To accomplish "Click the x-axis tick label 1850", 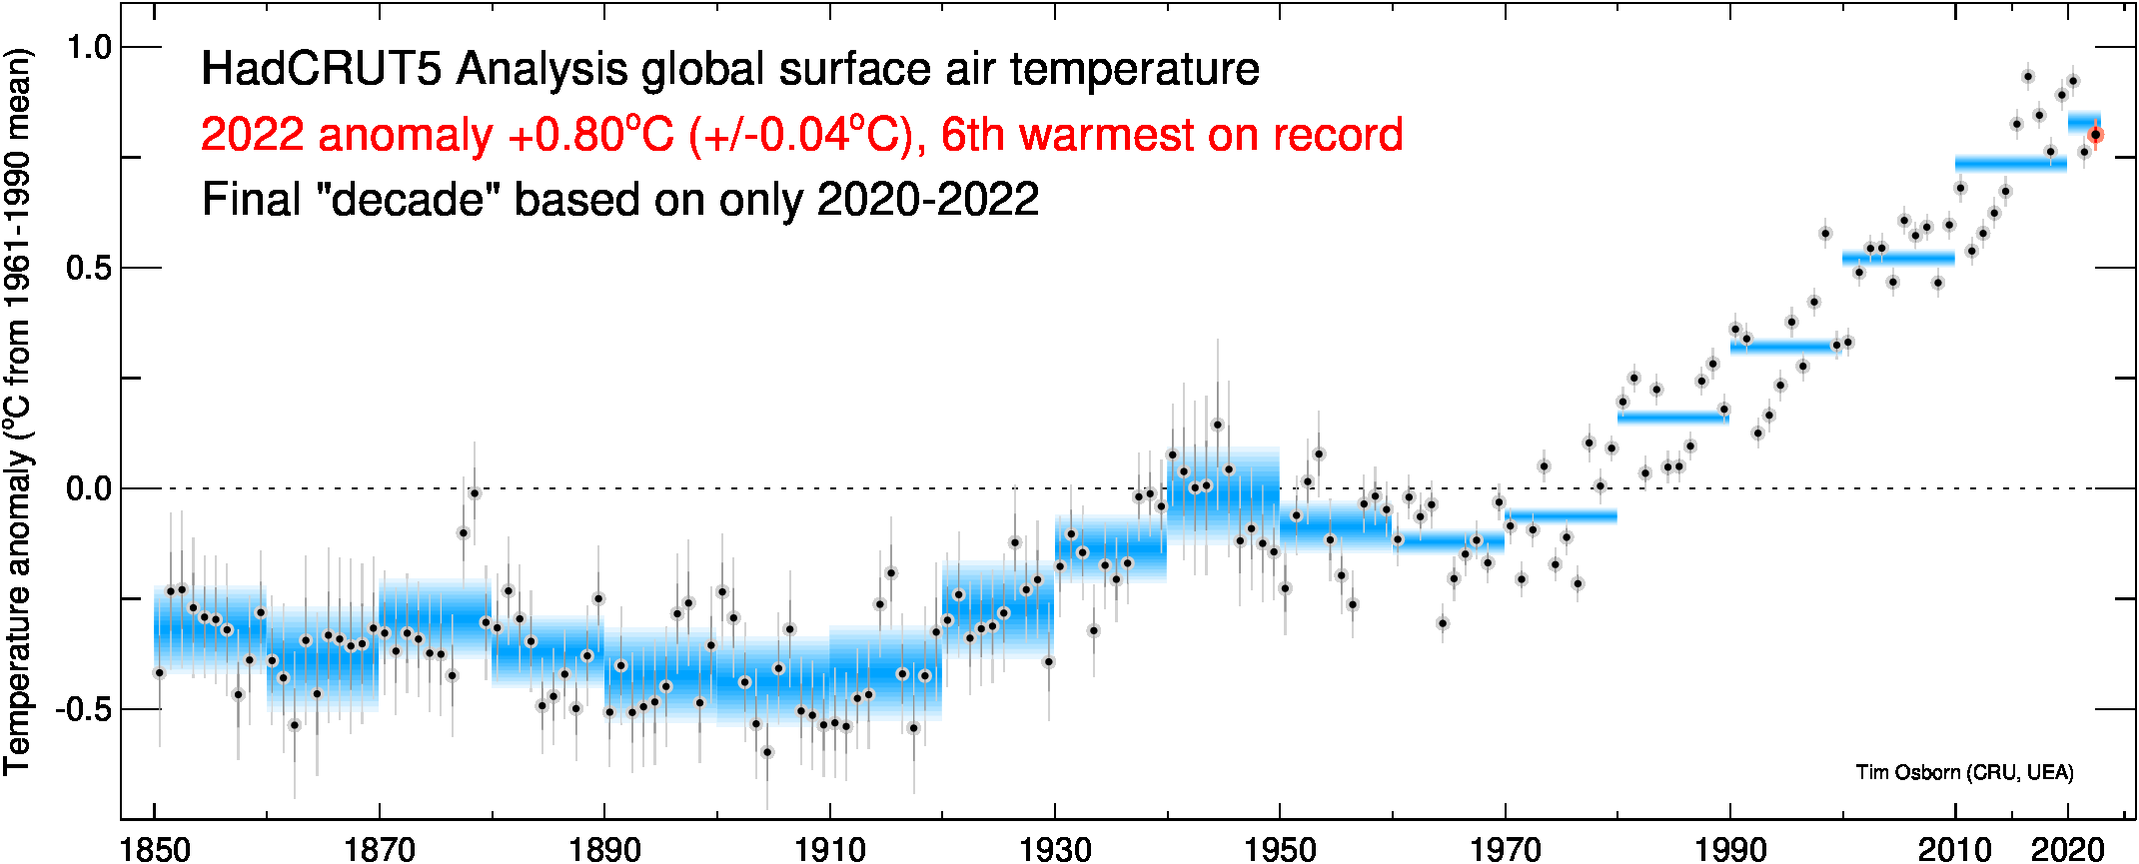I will click(x=155, y=849).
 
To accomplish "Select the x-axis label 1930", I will click(x=1055, y=849).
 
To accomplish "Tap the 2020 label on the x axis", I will click(x=2067, y=849).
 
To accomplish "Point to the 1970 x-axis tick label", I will click(x=1505, y=849).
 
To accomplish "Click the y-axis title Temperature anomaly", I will click(x=18, y=410).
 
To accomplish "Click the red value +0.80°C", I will click(x=590, y=135).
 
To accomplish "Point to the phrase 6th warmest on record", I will click(x=1172, y=135).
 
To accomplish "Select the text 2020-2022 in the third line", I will click(x=928, y=200).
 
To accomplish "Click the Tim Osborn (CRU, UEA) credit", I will click(x=1964, y=772).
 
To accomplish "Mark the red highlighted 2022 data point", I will click(x=2095, y=135).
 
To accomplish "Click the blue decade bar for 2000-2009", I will click(x=1898, y=259).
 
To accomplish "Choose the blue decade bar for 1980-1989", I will click(x=1673, y=417).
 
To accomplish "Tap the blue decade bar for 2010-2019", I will click(x=2010, y=163).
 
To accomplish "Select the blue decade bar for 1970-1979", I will click(x=1561, y=515).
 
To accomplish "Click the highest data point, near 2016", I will click(x=2028, y=77).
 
